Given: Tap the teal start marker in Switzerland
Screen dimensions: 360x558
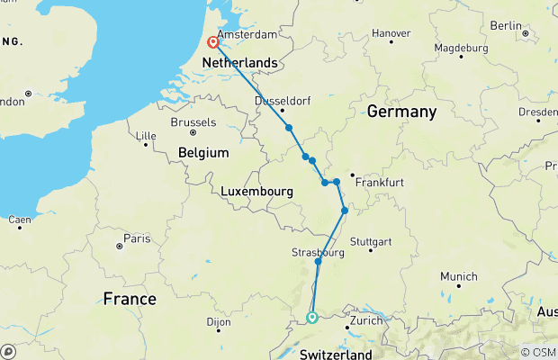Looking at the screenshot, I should pos(311,317).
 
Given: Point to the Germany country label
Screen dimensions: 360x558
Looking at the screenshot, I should pos(401,112).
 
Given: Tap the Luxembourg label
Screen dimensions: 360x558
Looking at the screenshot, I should pos(257,192).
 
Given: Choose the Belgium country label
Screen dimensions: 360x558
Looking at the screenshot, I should pos(203,153).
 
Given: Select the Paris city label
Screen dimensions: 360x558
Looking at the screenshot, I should pos(137,238).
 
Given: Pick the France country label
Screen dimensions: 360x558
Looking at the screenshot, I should pos(129,298).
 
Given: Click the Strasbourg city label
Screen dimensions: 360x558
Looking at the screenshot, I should pos(319,253).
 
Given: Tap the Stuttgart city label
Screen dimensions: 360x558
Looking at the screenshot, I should pos(372,242).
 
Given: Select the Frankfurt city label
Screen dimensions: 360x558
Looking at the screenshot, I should pos(379,182).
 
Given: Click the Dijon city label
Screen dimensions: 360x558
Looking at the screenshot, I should pos(219,320).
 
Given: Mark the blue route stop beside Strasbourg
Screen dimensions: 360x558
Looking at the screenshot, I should pos(319,261).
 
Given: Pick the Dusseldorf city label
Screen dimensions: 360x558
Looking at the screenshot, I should pos(283,101).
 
